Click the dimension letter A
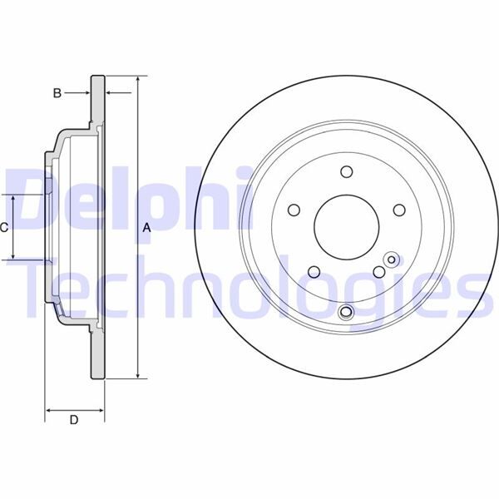tap(147, 227)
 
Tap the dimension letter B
tap(57, 93)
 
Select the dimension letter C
tap(4, 227)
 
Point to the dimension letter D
tap(73, 421)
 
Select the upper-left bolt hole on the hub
tap(294, 210)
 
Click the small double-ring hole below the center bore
tap(347, 312)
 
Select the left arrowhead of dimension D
tap(47, 409)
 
